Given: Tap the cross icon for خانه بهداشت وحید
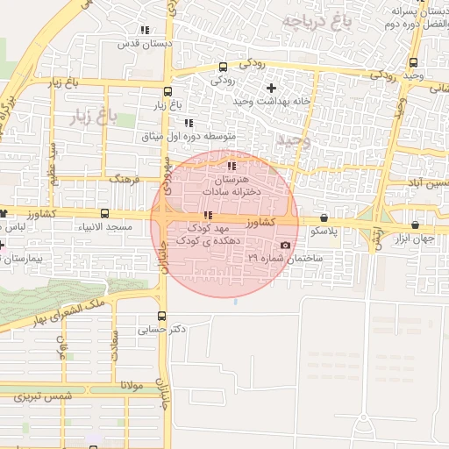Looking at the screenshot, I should coord(271,88).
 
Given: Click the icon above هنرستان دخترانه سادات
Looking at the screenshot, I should coord(231,166).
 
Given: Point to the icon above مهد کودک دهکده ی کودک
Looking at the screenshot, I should coord(207,215).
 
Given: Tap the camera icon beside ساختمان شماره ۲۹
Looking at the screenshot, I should coord(285,245).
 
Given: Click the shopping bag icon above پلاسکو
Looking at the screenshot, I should coord(324,217).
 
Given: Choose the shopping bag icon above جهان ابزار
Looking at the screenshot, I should coord(415,225).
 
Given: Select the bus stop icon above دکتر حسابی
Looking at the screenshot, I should coord(161,317).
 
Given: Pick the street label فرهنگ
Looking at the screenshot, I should coord(124,178).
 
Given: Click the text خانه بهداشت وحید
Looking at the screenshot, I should coord(272,102).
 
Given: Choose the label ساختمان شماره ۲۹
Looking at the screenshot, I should coord(285,259).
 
